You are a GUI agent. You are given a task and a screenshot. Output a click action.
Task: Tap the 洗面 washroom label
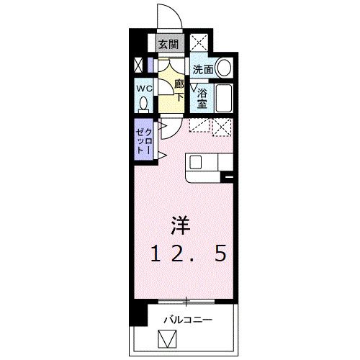[x=203, y=70]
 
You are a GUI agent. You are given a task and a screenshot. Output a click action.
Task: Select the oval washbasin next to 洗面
[x=224, y=67]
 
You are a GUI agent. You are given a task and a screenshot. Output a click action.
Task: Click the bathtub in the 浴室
[x=224, y=98]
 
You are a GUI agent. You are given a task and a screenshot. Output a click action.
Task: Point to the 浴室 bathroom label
[x=202, y=99]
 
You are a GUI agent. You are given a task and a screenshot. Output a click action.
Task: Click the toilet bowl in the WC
[x=143, y=104]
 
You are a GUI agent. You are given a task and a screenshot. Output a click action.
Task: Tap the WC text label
[x=145, y=89]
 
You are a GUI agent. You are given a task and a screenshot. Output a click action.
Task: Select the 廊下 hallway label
[x=179, y=91]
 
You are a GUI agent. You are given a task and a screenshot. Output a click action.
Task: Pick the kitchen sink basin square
[x=195, y=162]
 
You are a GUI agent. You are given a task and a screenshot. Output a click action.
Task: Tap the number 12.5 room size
[x=188, y=253]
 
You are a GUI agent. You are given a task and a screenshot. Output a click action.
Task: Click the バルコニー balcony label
[x=188, y=320]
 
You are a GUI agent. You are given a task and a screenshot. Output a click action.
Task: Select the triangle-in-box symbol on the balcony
[x=167, y=339]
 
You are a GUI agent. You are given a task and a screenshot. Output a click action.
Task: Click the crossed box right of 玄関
[x=199, y=42]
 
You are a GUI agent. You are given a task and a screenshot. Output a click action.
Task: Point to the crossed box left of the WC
[x=138, y=65]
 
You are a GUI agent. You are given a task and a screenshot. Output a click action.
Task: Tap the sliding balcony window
[x=186, y=302]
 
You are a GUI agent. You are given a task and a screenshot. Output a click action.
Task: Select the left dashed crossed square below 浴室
[x=199, y=125]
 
